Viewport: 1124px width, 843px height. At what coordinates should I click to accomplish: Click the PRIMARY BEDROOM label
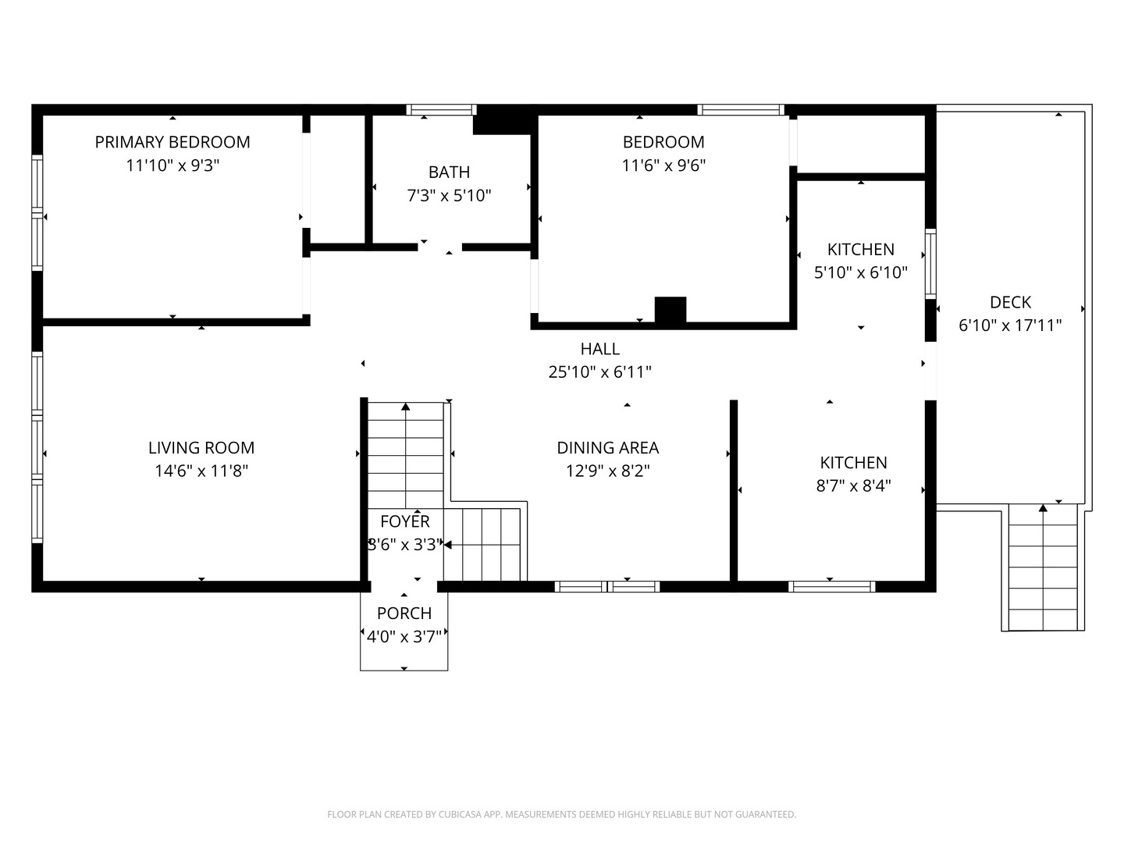click(x=173, y=142)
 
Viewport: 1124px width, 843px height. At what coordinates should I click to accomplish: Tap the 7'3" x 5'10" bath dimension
click(x=449, y=195)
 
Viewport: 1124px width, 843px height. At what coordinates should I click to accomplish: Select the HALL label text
click(x=599, y=349)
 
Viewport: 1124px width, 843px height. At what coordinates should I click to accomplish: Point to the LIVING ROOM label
click(x=201, y=448)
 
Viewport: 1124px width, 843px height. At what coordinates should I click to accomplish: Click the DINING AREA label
click(x=608, y=448)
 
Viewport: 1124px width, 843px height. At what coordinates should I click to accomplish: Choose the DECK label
click(x=1010, y=303)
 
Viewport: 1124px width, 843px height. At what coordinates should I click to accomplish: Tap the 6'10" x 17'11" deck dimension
click(x=1010, y=325)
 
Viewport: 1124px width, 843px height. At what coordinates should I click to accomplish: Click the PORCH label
click(x=404, y=614)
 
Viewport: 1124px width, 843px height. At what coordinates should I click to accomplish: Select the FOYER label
click(x=404, y=521)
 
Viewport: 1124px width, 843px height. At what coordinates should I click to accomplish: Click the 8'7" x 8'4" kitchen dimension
click(x=854, y=486)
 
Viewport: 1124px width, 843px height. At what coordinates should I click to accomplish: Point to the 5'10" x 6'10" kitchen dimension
click(x=861, y=272)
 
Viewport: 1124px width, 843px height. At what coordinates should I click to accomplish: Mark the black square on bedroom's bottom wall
click(x=670, y=310)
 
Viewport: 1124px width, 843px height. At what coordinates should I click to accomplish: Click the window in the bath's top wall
click(x=442, y=109)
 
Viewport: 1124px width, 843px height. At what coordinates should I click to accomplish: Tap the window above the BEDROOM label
click(x=741, y=109)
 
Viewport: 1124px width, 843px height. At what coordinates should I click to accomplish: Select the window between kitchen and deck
click(x=930, y=264)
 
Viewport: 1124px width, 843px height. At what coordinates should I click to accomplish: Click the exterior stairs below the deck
click(x=1043, y=567)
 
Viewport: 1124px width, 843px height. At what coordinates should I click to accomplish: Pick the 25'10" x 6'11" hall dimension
click(x=599, y=372)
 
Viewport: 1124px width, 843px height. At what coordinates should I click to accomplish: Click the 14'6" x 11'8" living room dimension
click(x=201, y=471)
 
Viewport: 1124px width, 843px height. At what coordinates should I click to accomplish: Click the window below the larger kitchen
click(x=831, y=586)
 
